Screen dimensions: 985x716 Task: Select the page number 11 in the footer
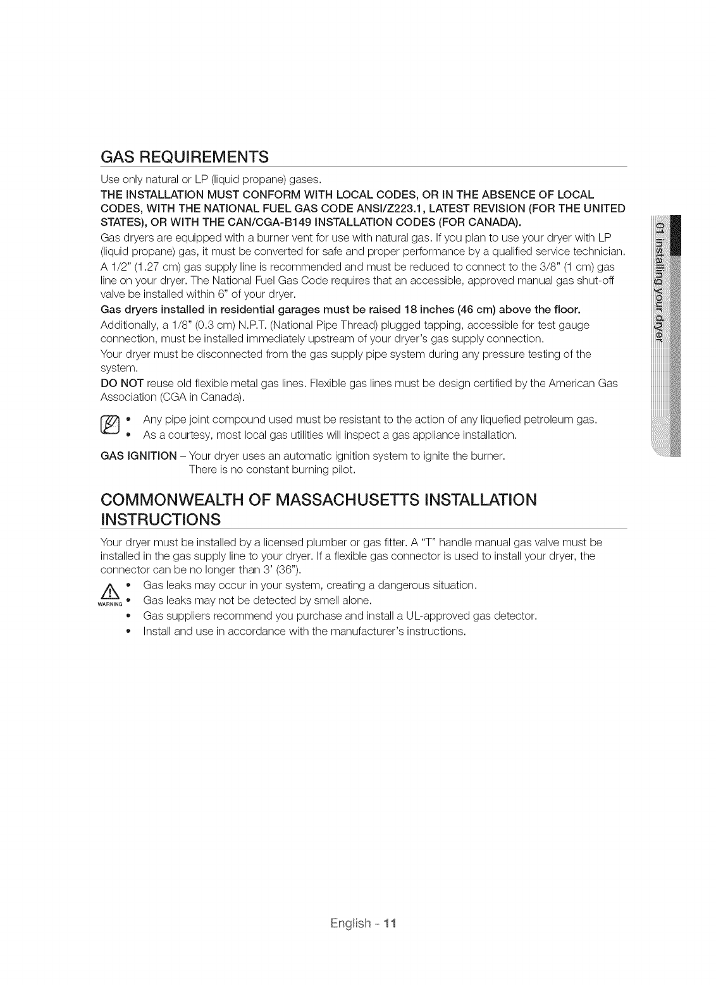(x=390, y=923)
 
